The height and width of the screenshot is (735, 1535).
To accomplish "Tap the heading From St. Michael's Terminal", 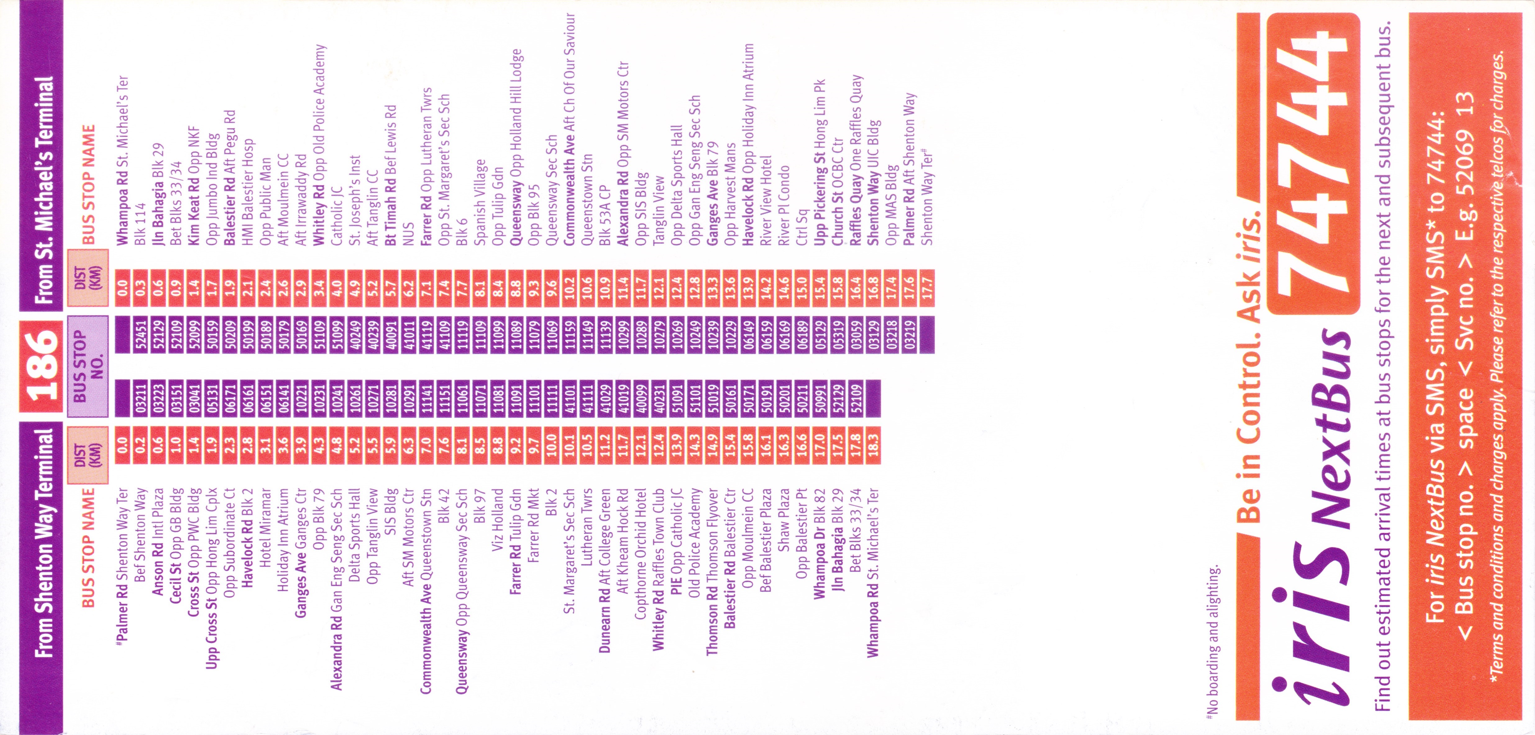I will [x=45, y=190].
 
